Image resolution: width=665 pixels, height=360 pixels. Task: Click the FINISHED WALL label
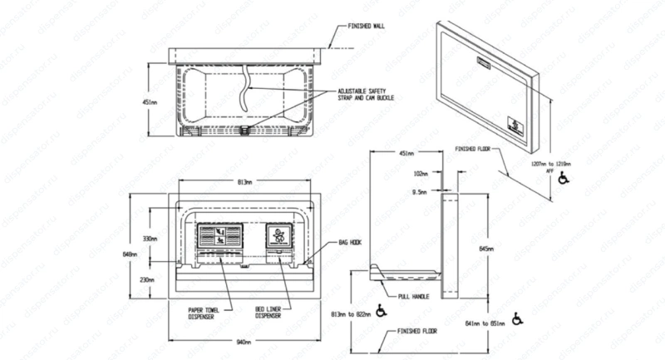(x=355, y=25)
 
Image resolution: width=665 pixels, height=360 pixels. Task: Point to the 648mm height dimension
(x=129, y=254)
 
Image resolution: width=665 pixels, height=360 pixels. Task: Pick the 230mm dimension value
(x=147, y=280)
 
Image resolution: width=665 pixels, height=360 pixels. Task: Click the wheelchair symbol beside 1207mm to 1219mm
(x=565, y=178)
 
